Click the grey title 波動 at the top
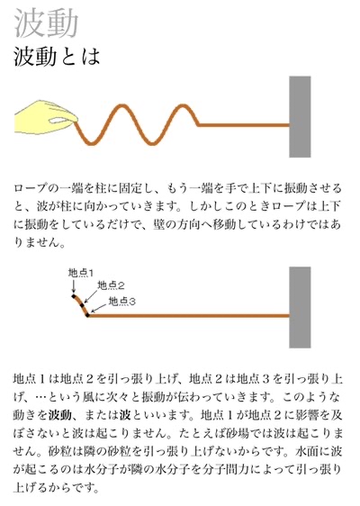[46, 23]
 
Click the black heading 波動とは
[57, 57]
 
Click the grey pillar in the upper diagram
[300, 116]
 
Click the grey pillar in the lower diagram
[300, 307]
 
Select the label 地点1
[81, 273]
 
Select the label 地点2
[111, 285]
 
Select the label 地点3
[121, 302]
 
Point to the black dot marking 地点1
[74, 295]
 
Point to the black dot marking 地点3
[87, 314]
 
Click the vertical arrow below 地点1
[74, 286]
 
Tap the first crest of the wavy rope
[121, 106]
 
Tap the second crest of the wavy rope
[183, 106]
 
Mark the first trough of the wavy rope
[92, 142]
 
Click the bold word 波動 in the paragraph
[60, 415]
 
